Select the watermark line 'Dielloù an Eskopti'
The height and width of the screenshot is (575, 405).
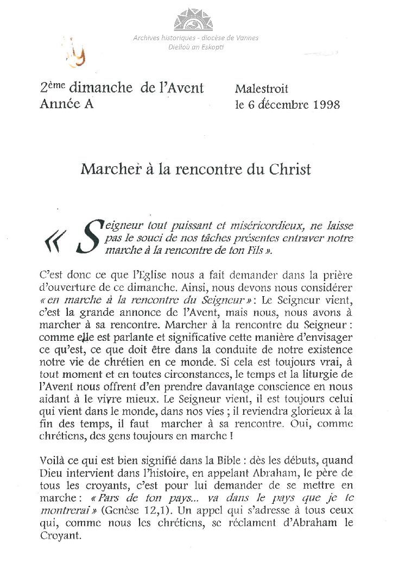[x=196, y=47]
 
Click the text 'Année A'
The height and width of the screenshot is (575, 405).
[x=66, y=104]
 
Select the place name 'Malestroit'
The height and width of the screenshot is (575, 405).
[x=262, y=89]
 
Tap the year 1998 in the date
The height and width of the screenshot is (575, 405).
[x=327, y=104]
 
